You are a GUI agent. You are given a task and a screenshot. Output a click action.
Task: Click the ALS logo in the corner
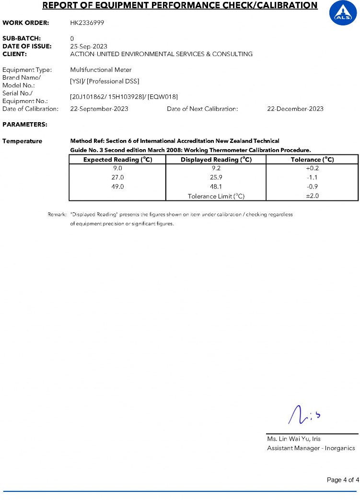[x=343, y=13]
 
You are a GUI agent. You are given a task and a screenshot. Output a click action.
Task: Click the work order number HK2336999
[x=88, y=23]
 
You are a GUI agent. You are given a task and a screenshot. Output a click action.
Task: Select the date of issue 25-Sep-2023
[x=89, y=47]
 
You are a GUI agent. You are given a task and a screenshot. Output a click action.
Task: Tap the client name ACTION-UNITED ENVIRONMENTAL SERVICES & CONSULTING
[x=161, y=54]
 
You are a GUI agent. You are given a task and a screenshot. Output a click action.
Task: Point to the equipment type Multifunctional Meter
[x=101, y=70]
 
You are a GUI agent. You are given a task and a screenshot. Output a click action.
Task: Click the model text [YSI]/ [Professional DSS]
[x=105, y=81]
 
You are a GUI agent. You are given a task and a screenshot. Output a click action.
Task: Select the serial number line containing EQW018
[x=117, y=97]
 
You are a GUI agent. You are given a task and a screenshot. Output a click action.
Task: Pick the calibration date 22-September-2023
[x=99, y=109]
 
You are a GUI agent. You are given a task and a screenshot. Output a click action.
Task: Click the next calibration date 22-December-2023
[x=295, y=109]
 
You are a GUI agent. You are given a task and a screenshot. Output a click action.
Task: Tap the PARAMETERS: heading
[x=25, y=125]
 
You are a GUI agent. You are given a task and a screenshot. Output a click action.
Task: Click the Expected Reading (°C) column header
[x=117, y=160]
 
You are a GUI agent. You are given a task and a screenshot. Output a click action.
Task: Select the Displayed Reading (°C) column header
[x=216, y=160]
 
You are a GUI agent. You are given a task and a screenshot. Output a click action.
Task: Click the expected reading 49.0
[x=117, y=187]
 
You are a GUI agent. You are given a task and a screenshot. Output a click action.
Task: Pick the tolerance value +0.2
[x=313, y=168]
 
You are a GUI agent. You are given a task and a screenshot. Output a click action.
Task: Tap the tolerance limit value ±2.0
[x=313, y=196]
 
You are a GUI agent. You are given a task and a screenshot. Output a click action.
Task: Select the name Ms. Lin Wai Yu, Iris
[x=294, y=439]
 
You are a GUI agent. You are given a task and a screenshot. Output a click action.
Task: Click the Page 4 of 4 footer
[x=342, y=480]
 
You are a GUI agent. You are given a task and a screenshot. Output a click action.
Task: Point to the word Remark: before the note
[x=57, y=215]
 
